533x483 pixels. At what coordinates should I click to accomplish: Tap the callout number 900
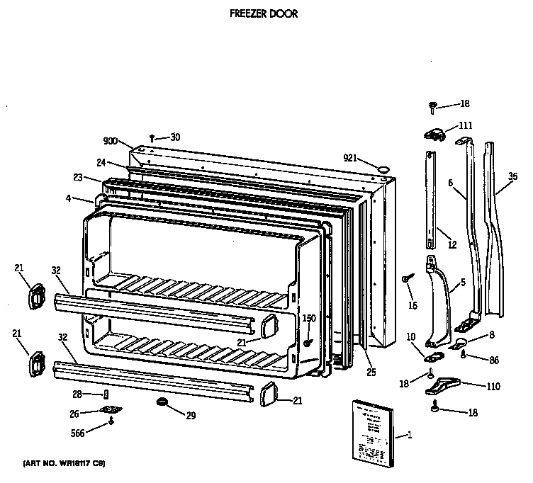click(109, 142)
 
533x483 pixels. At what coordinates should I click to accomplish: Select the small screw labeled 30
click(152, 138)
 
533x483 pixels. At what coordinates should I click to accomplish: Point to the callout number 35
click(513, 176)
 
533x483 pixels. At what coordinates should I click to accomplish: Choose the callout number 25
click(371, 373)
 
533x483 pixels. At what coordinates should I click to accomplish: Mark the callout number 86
click(494, 360)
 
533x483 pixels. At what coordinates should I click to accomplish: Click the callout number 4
click(68, 199)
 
